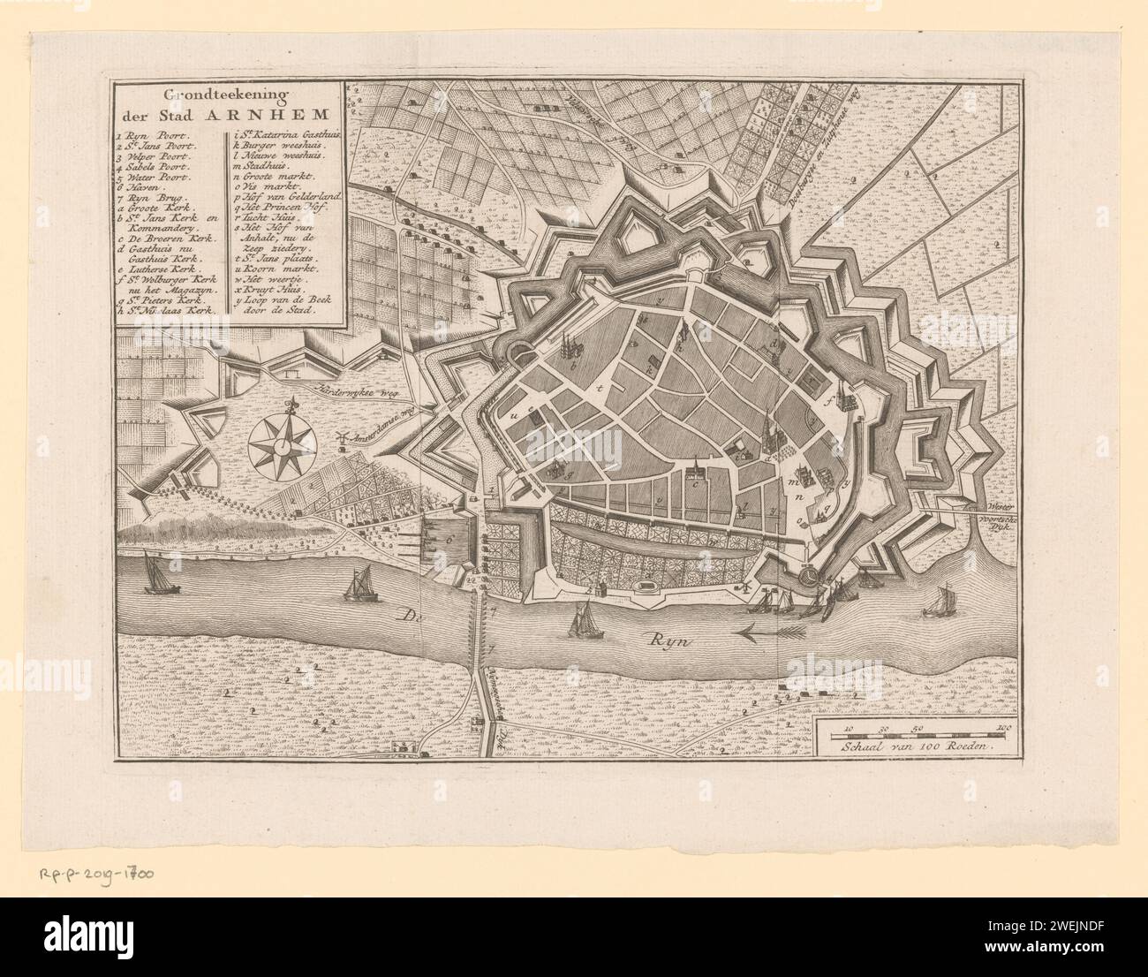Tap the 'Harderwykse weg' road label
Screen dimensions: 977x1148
355,390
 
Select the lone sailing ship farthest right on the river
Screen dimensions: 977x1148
937,602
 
